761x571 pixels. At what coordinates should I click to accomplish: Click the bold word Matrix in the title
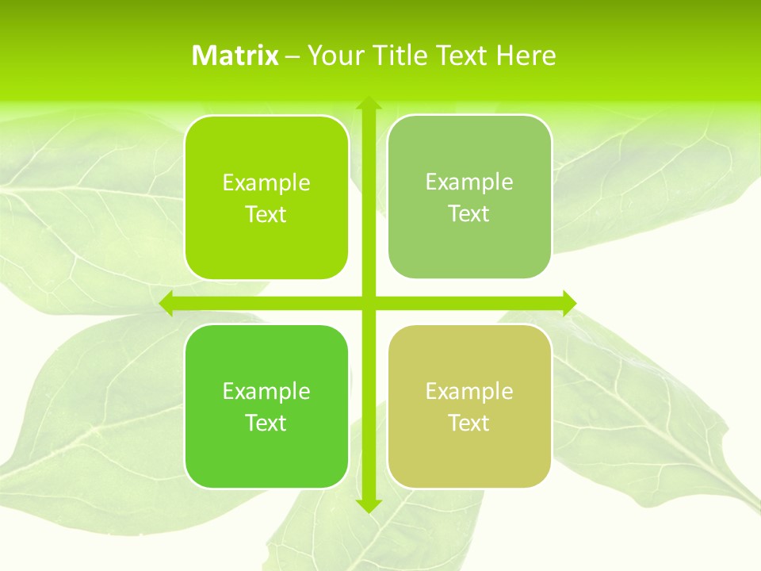[x=235, y=56]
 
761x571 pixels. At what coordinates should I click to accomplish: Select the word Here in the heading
[x=526, y=56]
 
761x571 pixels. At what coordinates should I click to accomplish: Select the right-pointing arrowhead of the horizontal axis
[x=568, y=303]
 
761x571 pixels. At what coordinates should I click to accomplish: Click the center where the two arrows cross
[x=368, y=303]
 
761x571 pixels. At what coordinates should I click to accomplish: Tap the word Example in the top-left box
[x=266, y=183]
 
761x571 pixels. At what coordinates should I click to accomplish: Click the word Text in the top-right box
[x=469, y=214]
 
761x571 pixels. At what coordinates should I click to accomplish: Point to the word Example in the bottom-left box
[x=266, y=392]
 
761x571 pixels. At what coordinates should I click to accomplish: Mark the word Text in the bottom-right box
[x=469, y=423]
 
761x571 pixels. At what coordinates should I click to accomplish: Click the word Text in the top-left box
[x=266, y=215]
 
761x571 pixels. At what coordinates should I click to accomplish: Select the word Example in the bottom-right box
[x=469, y=392]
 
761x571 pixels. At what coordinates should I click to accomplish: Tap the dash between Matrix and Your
[x=293, y=56]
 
